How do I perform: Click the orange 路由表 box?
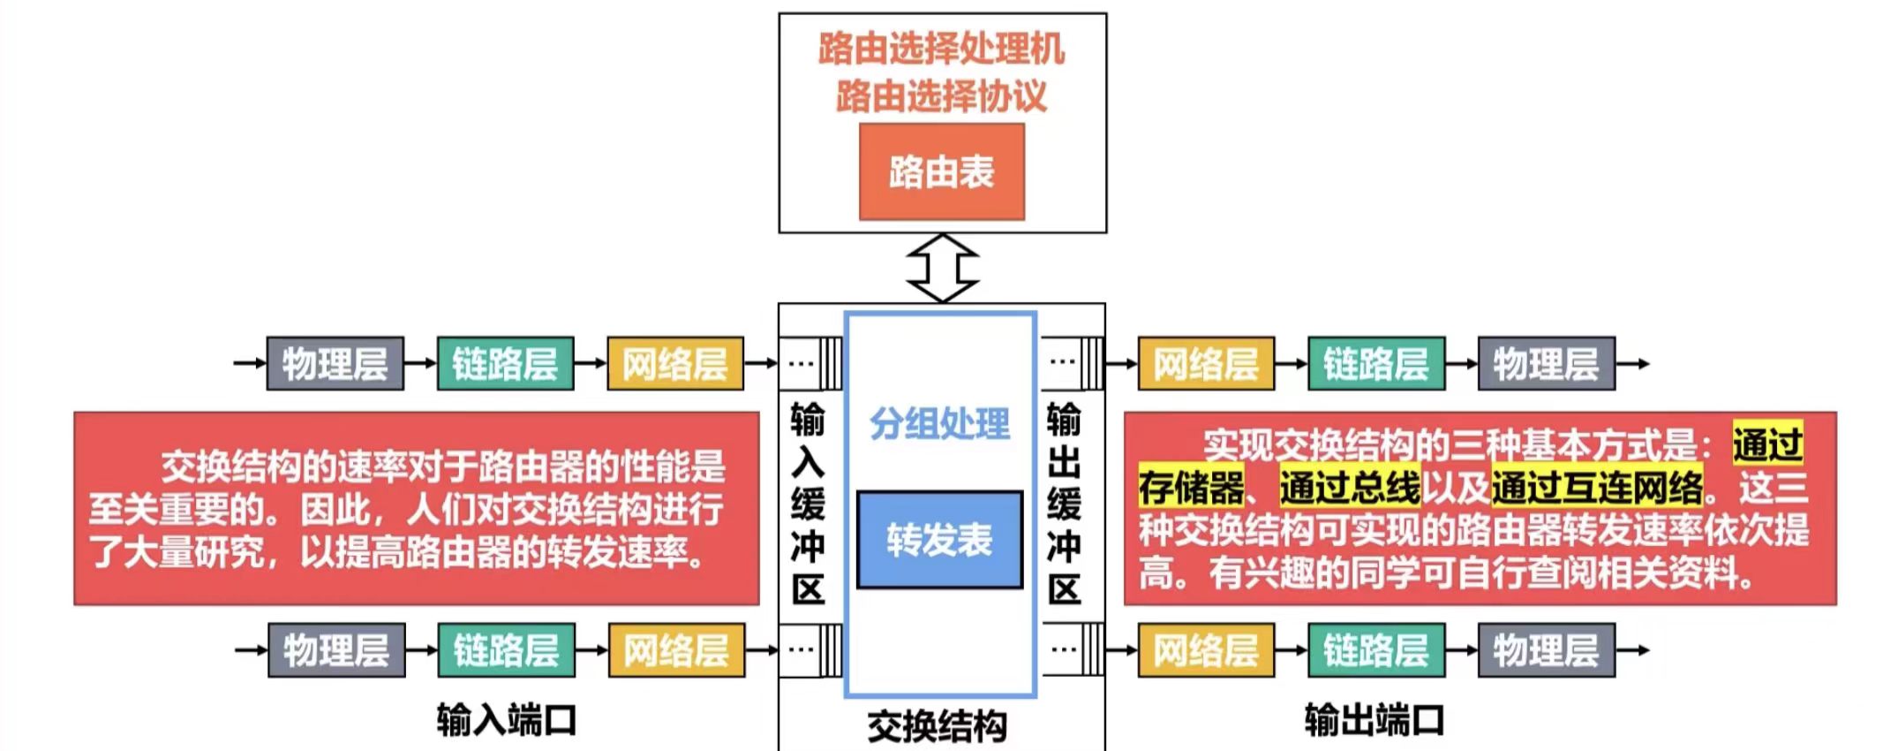[941, 171]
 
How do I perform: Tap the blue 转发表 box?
[939, 539]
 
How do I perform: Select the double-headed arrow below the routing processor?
[942, 268]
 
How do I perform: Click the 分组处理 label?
[939, 424]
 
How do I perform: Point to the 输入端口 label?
[506, 720]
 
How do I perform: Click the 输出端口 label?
[1374, 720]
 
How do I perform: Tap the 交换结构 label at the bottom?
[937, 726]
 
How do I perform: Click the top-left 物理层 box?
[335, 363]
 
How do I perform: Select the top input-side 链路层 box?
[505, 363]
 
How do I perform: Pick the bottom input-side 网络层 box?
[676, 650]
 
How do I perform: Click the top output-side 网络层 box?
[1206, 363]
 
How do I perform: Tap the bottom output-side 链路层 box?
[1375, 650]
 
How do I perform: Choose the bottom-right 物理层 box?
[1546, 650]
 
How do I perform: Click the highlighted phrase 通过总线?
[1350, 487]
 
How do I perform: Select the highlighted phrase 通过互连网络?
[1597, 487]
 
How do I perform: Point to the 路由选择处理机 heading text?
[941, 49]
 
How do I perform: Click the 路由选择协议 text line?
[941, 95]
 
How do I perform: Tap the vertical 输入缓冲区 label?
[808, 504]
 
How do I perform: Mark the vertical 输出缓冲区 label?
[1064, 504]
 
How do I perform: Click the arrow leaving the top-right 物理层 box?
[1633, 363]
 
